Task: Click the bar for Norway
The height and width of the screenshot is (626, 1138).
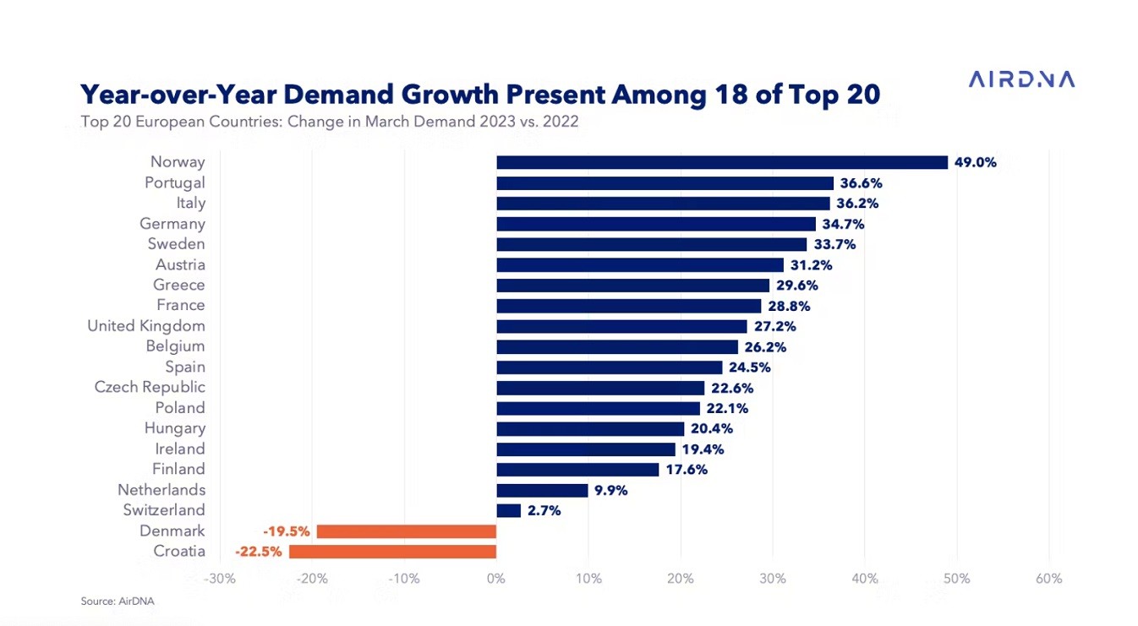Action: pyautogui.click(x=722, y=162)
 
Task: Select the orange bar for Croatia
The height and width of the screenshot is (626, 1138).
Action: pyautogui.click(x=392, y=552)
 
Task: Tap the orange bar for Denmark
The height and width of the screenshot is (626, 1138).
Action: pyautogui.click(x=406, y=531)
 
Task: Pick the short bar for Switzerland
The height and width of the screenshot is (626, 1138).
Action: pyautogui.click(x=508, y=510)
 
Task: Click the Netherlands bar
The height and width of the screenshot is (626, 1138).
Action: pyautogui.click(x=542, y=490)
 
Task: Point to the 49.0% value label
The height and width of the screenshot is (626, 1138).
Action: pyautogui.click(x=975, y=162)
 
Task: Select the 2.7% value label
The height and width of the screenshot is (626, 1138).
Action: pyautogui.click(x=544, y=510)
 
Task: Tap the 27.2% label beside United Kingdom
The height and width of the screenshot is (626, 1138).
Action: pyautogui.click(x=774, y=326)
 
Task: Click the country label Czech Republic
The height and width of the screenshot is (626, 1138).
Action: pyautogui.click(x=150, y=387)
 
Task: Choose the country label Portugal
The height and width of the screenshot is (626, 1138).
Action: pyautogui.click(x=174, y=182)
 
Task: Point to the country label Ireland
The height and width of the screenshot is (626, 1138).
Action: pyautogui.click(x=179, y=449)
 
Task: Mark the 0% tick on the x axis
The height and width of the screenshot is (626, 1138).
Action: pyautogui.click(x=496, y=579)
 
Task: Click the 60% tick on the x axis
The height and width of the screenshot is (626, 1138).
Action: pyautogui.click(x=1048, y=579)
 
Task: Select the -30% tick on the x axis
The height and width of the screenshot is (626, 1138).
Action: pyautogui.click(x=220, y=579)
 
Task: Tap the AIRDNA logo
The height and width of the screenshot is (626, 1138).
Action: pyautogui.click(x=1021, y=79)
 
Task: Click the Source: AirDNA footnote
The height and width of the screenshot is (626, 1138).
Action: pyautogui.click(x=118, y=602)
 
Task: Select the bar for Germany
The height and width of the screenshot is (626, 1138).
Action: pyautogui.click(x=656, y=224)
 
